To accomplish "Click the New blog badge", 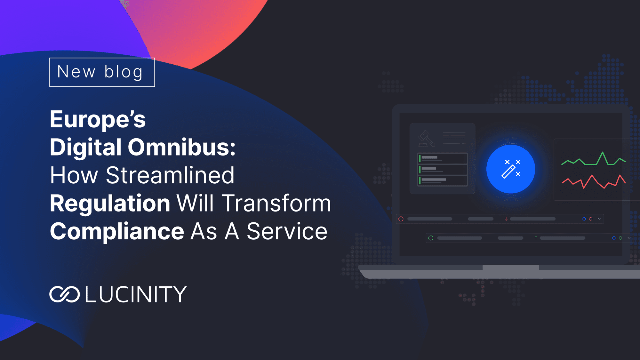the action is tap(102, 72).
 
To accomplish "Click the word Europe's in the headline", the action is tap(98, 119).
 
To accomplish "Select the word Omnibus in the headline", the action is tap(181, 147).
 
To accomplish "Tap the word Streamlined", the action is tap(170, 175).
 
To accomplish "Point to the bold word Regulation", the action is tap(110, 204).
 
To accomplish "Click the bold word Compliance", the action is tap(117, 231).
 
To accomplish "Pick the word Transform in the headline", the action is tap(276, 203).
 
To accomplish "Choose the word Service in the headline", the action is tap(287, 231).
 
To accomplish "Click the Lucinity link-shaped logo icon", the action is tap(64, 294).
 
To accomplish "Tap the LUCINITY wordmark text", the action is tap(136, 294).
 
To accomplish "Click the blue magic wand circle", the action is tap(511, 169).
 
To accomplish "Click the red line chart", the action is tap(594, 181).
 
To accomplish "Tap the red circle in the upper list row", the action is tap(401, 219).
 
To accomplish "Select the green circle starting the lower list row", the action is tap(431, 238).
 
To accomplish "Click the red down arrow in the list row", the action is tap(506, 219).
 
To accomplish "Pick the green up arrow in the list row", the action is tap(536, 238).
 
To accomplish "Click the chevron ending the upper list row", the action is tap(599, 219).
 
